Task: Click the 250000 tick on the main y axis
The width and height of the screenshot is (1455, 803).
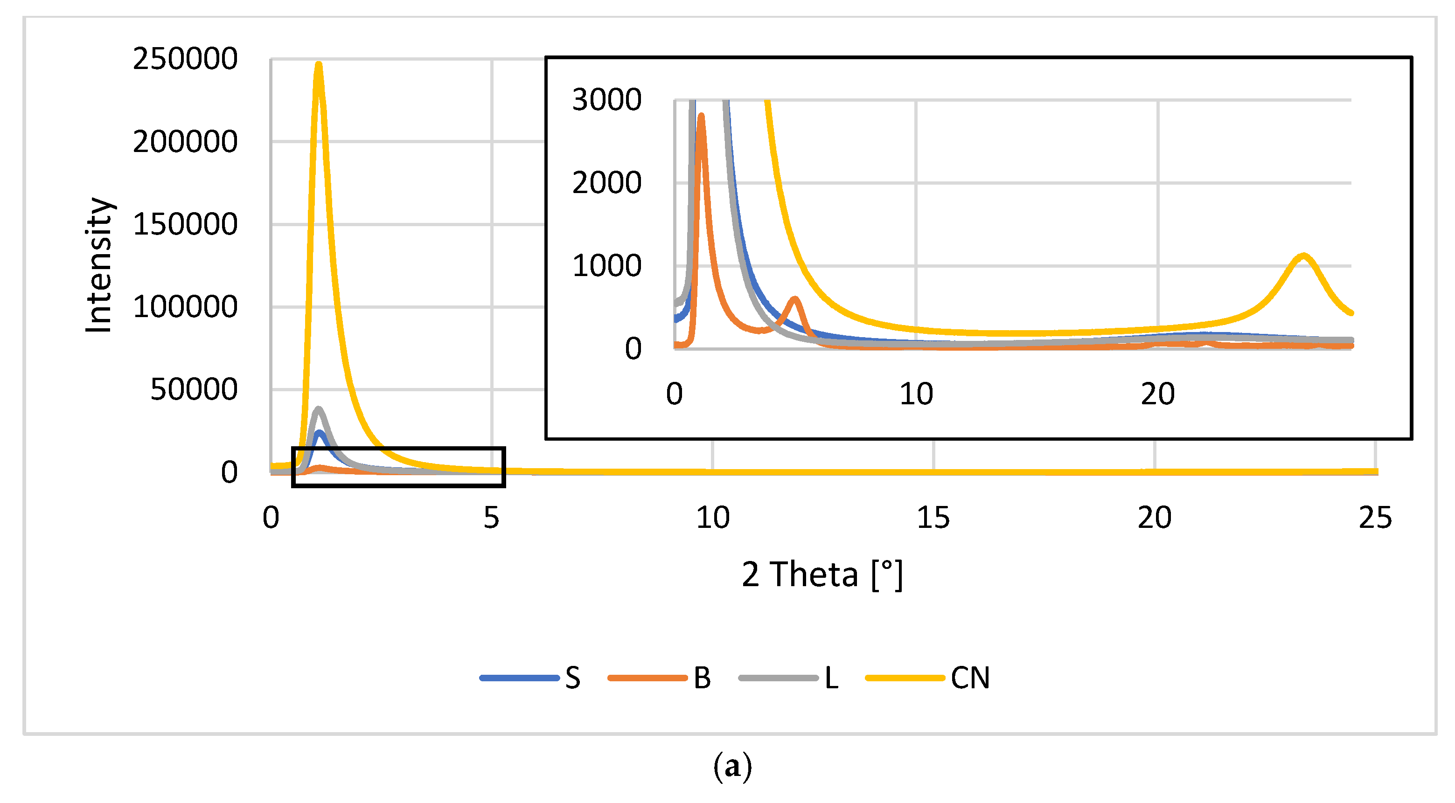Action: (185, 59)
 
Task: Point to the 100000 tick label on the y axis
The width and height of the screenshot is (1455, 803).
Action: (185, 307)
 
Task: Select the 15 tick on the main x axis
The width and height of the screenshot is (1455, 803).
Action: (933, 517)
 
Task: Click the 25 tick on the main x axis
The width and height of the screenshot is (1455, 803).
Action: (1375, 517)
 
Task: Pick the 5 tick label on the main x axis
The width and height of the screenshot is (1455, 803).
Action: (491, 517)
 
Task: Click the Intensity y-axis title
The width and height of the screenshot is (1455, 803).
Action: (99, 265)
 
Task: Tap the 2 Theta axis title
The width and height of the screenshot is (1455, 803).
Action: (822, 575)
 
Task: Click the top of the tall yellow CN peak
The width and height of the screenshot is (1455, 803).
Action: (319, 65)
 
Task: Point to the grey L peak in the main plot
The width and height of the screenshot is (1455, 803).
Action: (319, 409)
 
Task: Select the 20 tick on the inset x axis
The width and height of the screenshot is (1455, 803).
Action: (1157, 394)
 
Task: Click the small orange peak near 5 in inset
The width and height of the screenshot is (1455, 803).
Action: (795, 299)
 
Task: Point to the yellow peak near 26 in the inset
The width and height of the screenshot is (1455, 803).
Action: (1303, 256)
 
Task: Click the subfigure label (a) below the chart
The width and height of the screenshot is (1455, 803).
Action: (732, 766)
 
